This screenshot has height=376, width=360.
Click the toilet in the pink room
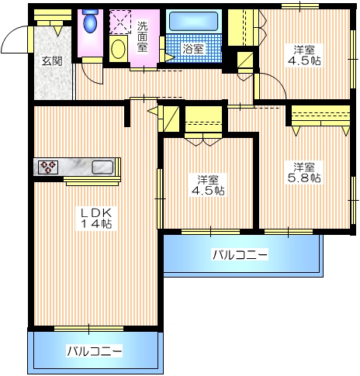pos(90,23)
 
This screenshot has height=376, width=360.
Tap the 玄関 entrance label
pos(52,60)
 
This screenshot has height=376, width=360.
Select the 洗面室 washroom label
pos(143,36)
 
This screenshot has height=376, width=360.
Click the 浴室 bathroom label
pos(192,49)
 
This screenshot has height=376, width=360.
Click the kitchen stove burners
pos(48,167)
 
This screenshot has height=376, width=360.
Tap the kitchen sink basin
pos(102,167)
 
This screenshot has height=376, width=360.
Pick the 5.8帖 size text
pos(306,178)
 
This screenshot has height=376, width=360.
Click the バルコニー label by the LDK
pos(94,351)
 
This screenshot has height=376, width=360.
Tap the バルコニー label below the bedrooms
pos(240,254)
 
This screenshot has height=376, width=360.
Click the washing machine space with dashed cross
pos(121,21)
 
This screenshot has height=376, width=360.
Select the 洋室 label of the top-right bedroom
pos(303,47)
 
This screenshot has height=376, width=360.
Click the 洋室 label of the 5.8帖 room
pos(304,165)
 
